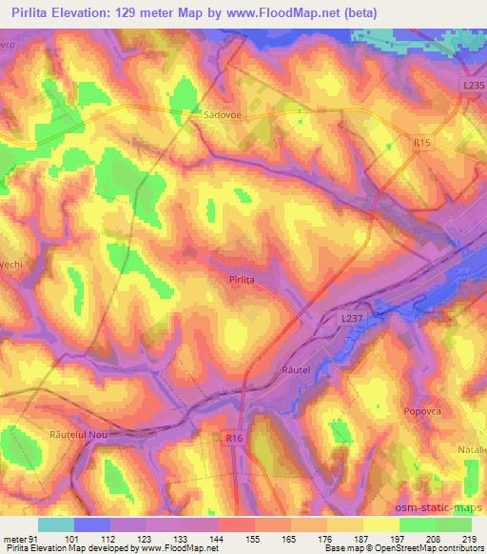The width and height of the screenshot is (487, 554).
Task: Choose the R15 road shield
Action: (x=423, y=142)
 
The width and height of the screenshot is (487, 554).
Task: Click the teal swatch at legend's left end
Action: (x=56, y=524)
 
